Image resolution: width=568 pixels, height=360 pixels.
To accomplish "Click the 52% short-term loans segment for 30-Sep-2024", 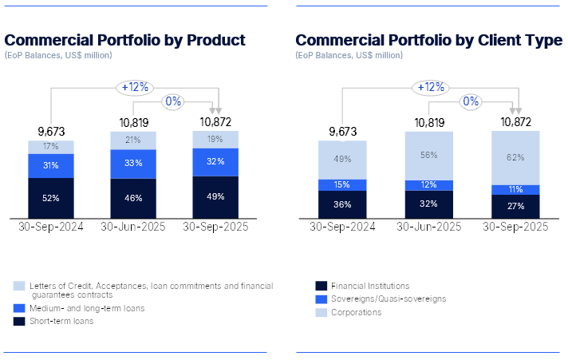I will coord(52,197).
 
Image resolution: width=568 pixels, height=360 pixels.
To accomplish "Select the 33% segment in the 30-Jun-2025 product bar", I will coord(134,163).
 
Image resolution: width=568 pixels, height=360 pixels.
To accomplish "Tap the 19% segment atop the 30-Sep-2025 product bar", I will coord(216,139).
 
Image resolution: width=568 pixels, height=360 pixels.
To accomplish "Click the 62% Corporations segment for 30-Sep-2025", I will coord(516,157).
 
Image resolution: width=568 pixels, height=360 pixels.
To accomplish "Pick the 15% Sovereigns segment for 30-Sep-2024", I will coord(342,185).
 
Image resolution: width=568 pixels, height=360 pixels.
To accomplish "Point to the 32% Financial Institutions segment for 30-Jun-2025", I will coord(429,204).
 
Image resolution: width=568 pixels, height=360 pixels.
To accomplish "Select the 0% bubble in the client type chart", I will coord(471,101).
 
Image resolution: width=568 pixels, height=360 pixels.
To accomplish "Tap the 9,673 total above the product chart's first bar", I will coord(52,131).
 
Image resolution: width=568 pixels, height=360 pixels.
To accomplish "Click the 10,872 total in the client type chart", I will coord(516,122).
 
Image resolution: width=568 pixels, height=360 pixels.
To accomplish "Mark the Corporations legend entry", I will coord(356,312).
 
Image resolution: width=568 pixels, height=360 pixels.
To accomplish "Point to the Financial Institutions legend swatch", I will coord(321,285).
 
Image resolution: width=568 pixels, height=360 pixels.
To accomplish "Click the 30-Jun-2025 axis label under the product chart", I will coord(132,227).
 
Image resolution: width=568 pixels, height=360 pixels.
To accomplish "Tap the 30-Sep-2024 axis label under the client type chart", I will coord(342,227).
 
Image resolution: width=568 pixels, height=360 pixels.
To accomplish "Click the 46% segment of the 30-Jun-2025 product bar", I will coord(134,196).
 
